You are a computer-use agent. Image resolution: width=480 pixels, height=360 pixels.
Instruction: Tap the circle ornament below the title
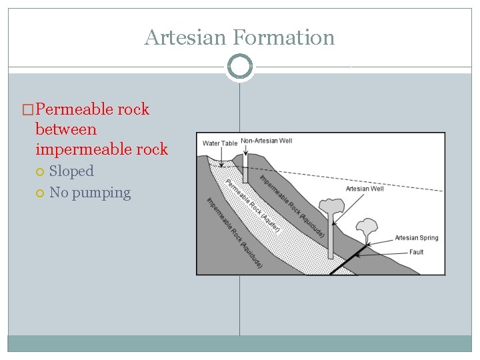[239, 67]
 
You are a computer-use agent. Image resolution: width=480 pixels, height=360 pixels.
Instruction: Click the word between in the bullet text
[66, 129]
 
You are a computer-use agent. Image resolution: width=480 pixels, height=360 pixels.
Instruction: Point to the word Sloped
[71, 171]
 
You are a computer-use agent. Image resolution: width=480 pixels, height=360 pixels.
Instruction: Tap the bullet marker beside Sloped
[41, 172]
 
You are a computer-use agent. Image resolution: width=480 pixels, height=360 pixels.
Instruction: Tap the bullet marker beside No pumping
[41, 193]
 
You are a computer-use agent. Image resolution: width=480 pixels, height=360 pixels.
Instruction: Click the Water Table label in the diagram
[219, 143]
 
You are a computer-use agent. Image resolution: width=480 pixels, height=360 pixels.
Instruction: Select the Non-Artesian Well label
[266, 141]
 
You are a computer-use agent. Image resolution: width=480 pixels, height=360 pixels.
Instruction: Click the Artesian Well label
[365, 189]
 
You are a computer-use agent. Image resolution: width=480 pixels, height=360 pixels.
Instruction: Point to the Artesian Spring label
[416, 238]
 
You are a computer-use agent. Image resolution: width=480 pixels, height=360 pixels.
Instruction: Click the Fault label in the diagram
[417, 252]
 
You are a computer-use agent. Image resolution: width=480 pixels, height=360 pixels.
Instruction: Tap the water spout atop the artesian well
[329, 206]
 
